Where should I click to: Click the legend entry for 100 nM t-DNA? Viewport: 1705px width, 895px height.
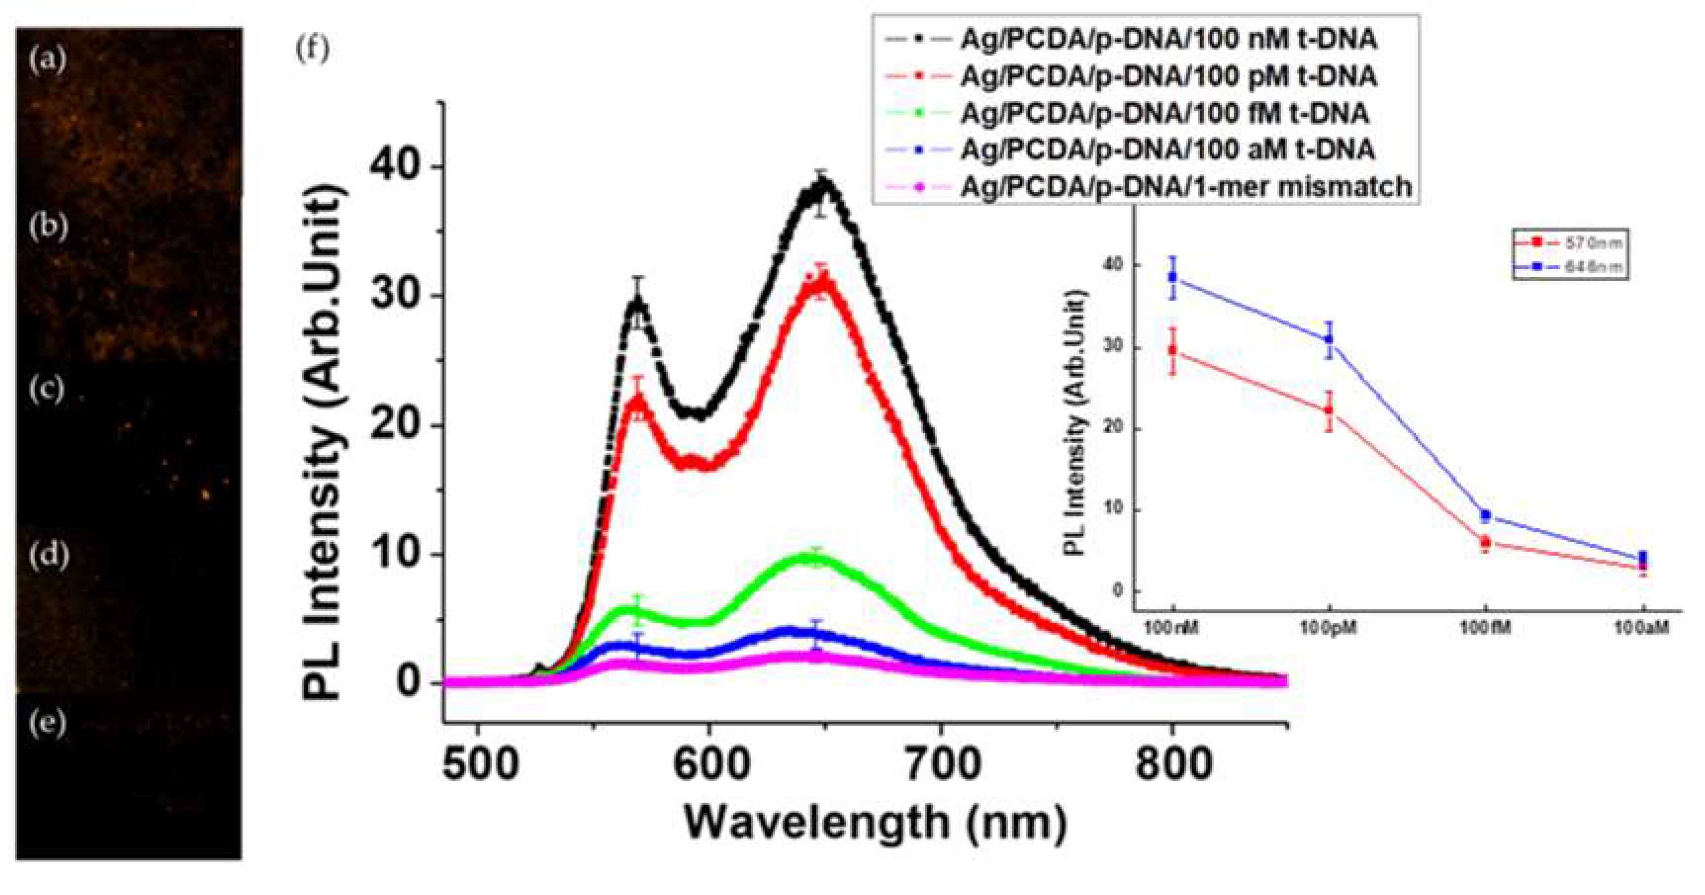pos(1168,40)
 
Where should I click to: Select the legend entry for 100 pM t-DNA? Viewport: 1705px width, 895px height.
pos(1168,77)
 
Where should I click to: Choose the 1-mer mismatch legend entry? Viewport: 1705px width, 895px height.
pos(1185,187)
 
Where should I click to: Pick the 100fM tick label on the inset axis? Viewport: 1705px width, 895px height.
pos(1486,628)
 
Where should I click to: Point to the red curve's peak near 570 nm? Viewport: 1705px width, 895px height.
pos(637,400)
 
